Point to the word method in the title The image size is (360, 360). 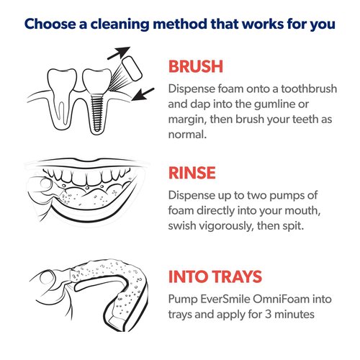180,24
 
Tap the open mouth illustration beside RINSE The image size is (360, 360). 79,187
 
